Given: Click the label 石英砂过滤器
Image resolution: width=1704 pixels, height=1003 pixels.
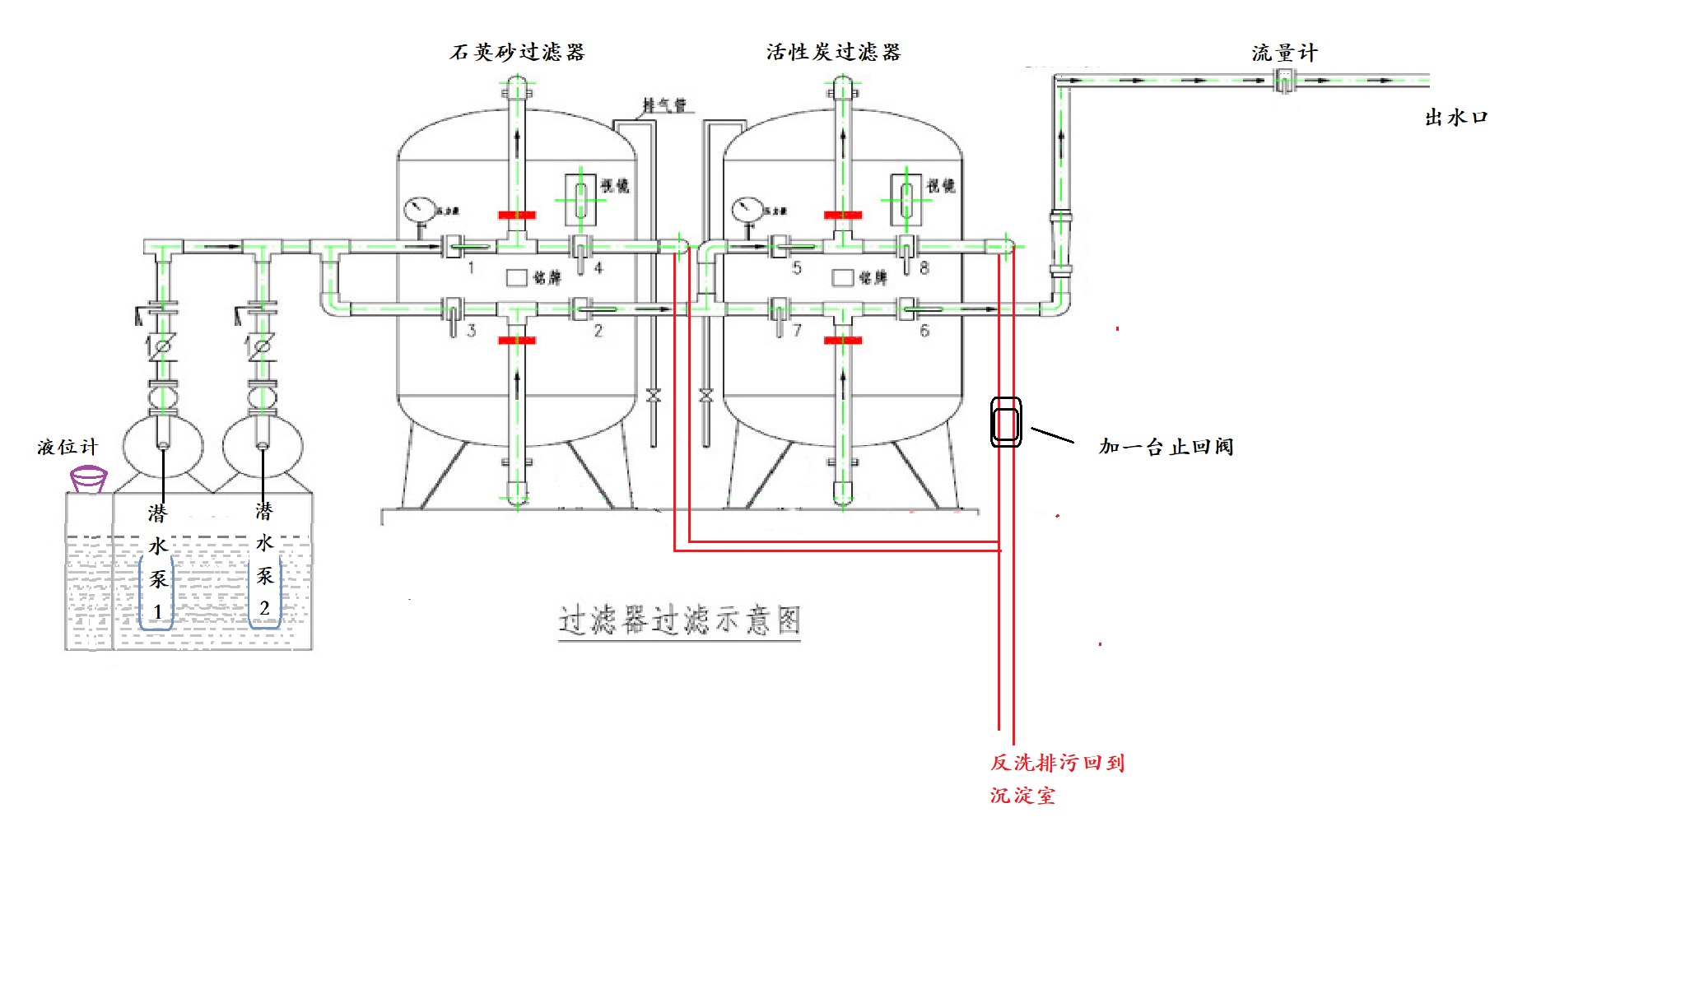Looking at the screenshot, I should click(x=517, y=53).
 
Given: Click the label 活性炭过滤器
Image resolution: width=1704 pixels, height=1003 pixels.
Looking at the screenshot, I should click(x=833, y=53).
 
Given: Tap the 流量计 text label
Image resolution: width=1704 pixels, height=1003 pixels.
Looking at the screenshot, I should click(x=1284, y=53).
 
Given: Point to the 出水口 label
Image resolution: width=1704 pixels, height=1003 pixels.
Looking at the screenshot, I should click(x=1456, y=118).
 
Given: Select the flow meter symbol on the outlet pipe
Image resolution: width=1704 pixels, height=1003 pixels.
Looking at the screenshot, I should click(x=1284, y=81).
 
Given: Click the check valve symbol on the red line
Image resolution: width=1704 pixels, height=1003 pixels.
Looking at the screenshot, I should click(x=1006, y=423).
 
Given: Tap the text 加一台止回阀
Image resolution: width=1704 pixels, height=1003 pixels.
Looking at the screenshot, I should click(x=1166, y=447).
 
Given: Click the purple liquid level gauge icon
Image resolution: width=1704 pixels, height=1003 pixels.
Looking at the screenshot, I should click(x=88, y=478).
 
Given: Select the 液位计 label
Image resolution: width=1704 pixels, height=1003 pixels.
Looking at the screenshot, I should click(x=68, y=447).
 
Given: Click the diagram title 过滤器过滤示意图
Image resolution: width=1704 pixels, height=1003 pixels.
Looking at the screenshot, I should click(x=679, y=620).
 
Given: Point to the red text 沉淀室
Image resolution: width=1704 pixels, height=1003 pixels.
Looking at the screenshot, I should click(x=1022, y=796).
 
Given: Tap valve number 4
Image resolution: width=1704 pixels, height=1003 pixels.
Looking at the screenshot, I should click(x=581, y=250).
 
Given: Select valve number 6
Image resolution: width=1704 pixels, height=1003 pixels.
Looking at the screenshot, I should click(x=907, y=309).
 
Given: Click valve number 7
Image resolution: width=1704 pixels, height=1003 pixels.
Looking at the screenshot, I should click(x=779, y=313).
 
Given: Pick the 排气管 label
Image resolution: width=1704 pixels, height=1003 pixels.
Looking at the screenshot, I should click(x=664, y=105).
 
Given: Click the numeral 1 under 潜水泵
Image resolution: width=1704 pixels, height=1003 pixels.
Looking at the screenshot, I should click(x=157, y=613).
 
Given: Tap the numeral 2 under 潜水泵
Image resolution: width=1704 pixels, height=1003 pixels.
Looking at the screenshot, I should click(x=264, y=609).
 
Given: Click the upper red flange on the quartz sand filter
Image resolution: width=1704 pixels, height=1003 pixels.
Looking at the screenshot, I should click(x=517, y=216).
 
